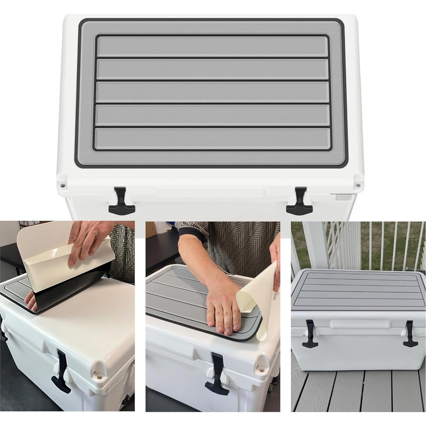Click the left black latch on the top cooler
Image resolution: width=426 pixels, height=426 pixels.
[121, 200]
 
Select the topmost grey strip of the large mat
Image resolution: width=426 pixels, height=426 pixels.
[212, 46]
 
